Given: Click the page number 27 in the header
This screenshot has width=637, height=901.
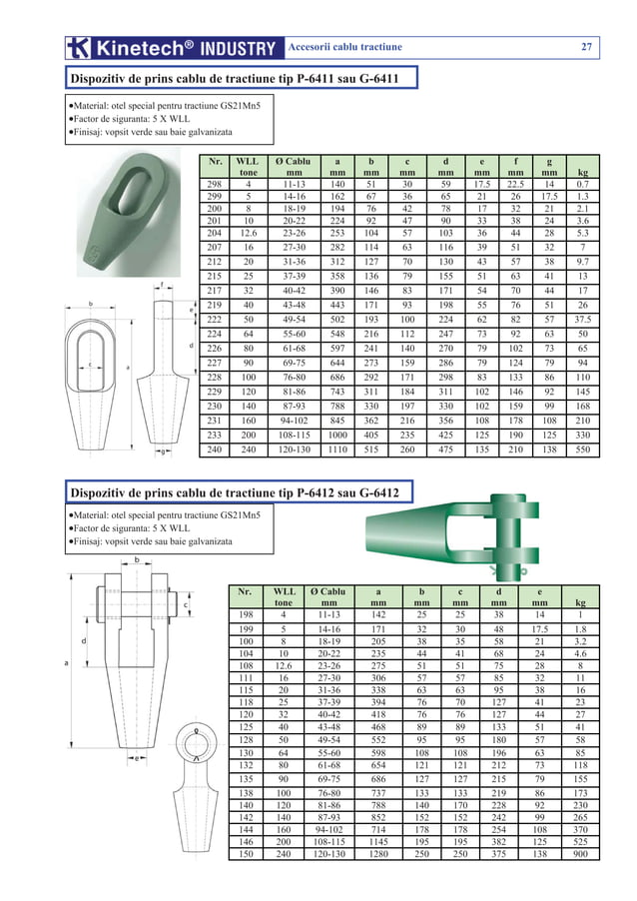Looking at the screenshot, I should coord(587,47).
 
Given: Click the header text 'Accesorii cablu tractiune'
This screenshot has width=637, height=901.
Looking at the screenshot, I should coord(344,47).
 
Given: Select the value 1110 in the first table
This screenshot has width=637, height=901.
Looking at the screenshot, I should coord(337,450).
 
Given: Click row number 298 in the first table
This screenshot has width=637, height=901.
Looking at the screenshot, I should coord(214,185).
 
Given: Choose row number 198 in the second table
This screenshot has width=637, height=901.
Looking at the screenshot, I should coord(245,615).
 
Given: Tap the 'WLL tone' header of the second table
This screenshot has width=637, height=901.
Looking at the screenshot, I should coord(285,596).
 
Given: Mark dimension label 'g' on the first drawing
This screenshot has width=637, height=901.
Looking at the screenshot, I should coord(163,453).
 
